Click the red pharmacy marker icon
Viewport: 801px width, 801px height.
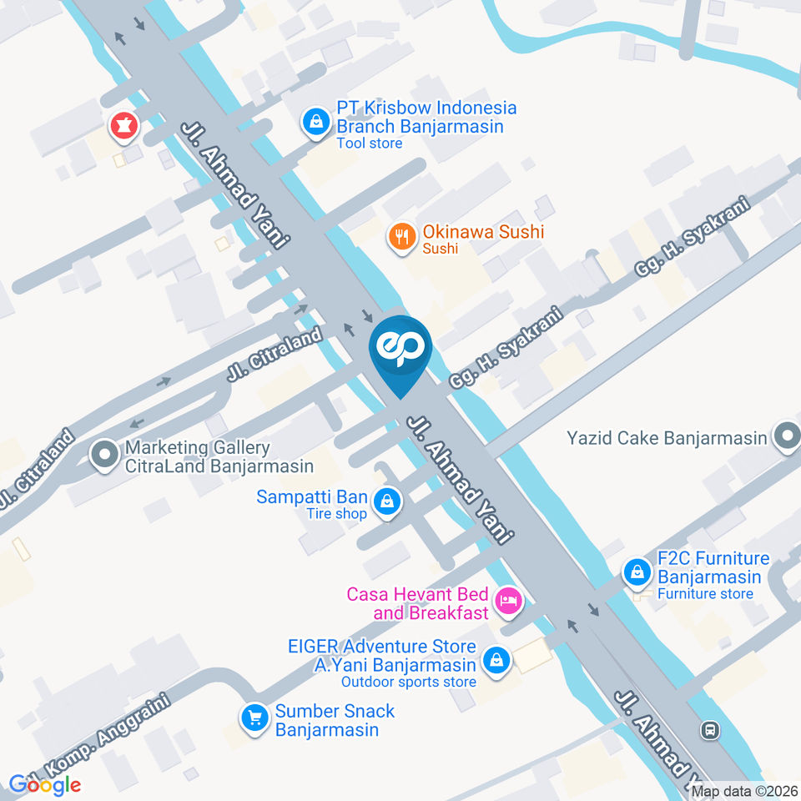pyautogui.click(x=124, y=127)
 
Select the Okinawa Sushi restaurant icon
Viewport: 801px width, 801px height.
pyautogui.click(x=402, y=237)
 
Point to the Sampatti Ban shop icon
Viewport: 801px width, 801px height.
pyautogui.click(x=386, y=502)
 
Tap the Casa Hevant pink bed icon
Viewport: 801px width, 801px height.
pyautogui.click(x=507, y=599)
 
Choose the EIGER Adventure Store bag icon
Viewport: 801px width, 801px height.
pyautogui.click(x=497, y=660)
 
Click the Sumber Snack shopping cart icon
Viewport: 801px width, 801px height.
pyautogui.click(x=254, y=717)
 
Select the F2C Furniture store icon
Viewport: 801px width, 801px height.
pyautogui.click(x=637, y=572)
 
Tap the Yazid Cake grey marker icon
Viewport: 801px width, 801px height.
pyautogui.click(x=786, y=436)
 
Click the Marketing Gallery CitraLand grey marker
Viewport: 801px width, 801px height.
pyautogui.click(x=105, y=456)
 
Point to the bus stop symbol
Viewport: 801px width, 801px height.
pyautogui.click(x=710, y=730)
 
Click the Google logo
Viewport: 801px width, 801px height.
pyautogui.click(x=45, y=784)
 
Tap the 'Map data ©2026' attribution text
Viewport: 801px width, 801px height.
pyautogui.click(x=744, y=791)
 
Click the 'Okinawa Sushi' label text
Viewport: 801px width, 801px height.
pyautogui.click(x=483, y=232)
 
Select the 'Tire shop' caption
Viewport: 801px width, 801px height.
pyautogui.click(x=336, y=514)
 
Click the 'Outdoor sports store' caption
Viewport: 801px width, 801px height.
pyautogui.click(x=409, y=682)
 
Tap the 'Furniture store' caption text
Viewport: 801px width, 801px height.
pyautogui.click(x=705, y=594)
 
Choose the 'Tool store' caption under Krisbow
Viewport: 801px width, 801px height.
pyautogui.click(x=370, y=144)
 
